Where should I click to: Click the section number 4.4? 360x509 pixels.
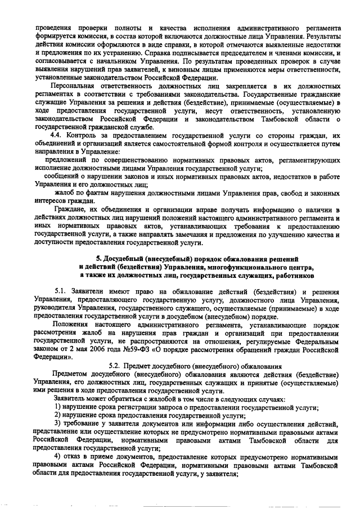pos(57,136)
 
